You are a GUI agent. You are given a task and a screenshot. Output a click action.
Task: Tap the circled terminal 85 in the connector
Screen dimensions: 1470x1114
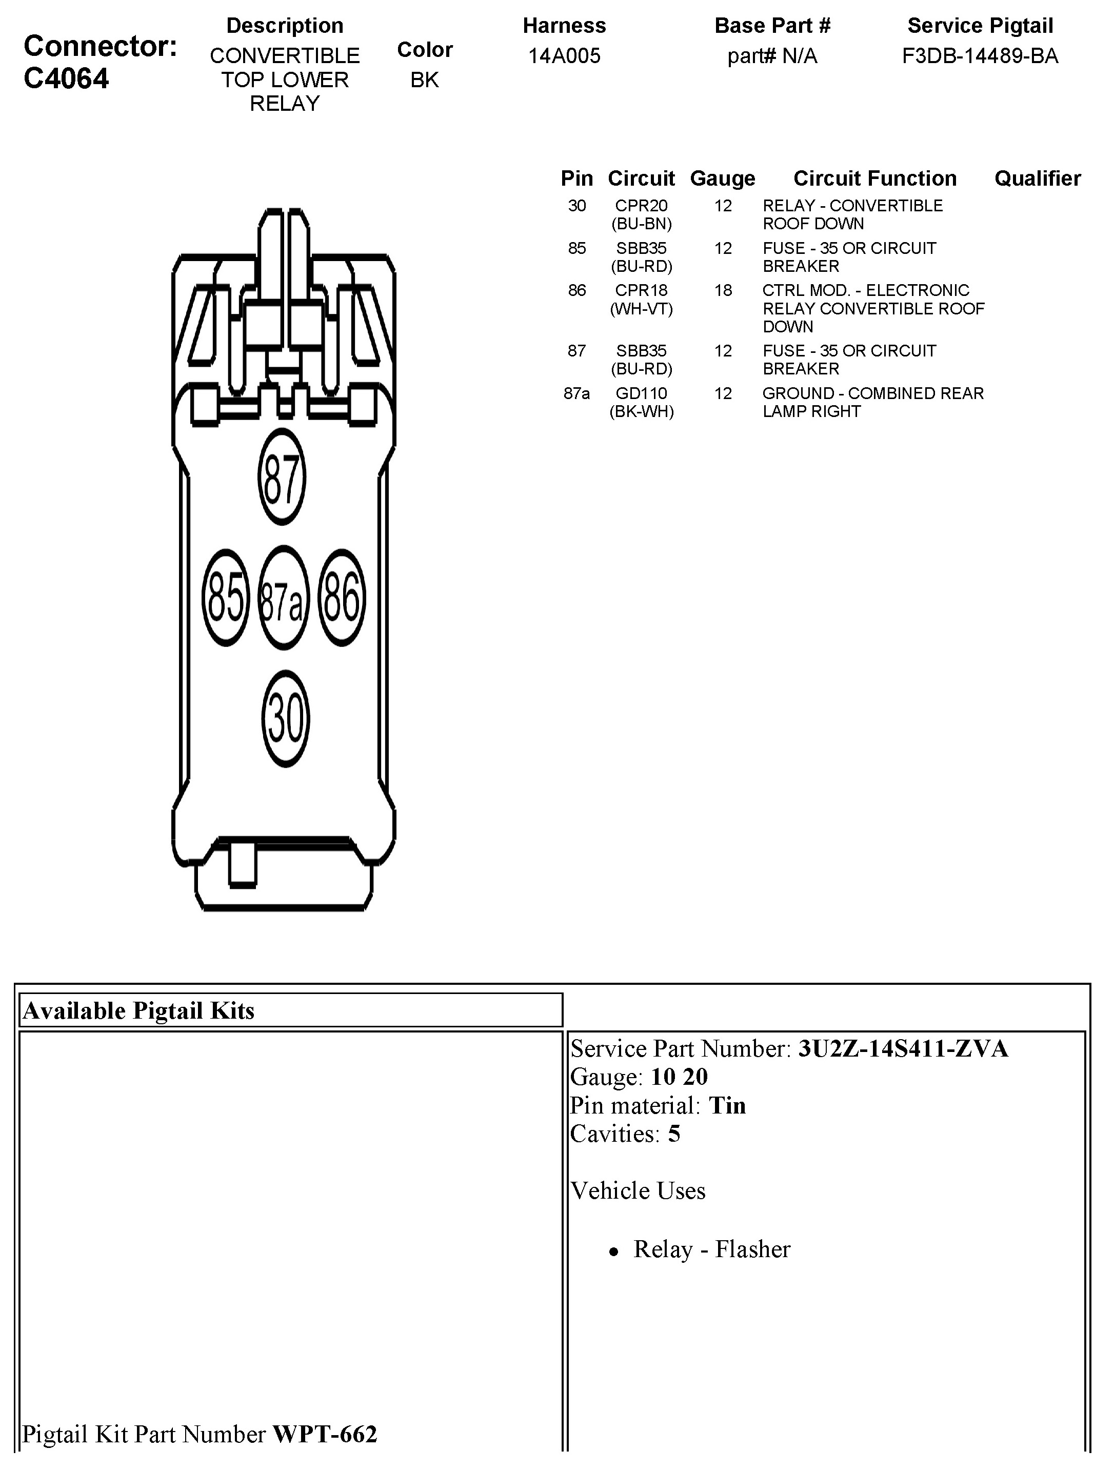[226, 598]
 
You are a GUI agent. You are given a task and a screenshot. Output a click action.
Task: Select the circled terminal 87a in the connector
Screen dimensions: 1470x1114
[283, 598]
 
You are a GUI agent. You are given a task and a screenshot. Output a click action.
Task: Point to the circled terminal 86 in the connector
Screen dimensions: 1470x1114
[342, 598]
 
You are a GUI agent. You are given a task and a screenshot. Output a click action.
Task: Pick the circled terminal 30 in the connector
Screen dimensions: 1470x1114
[286, 719]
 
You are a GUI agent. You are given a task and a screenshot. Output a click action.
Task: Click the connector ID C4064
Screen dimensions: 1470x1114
[67, 79]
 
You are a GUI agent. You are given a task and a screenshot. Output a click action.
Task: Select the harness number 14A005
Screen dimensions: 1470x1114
[564, 56]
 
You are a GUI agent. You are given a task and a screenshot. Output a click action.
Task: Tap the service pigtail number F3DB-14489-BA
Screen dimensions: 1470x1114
[980, 56]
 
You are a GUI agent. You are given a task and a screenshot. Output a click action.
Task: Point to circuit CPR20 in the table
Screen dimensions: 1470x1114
[642, 206]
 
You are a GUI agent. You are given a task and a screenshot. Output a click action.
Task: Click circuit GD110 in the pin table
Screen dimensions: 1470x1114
[642, 393]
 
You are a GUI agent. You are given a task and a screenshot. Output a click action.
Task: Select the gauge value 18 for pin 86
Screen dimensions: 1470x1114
[723, 290]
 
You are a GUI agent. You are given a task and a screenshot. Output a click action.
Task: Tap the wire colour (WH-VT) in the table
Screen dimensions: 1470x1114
[642, 309]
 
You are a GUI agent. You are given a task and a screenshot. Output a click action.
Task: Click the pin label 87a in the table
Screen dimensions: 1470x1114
[576, 393]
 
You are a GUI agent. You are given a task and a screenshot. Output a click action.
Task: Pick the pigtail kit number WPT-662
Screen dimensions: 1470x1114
[325, 1434]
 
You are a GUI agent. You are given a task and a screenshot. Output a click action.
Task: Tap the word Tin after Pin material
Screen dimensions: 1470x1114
[727, 1105]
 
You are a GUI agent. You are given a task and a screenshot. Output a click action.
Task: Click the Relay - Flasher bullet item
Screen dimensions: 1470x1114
[711, 1249]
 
